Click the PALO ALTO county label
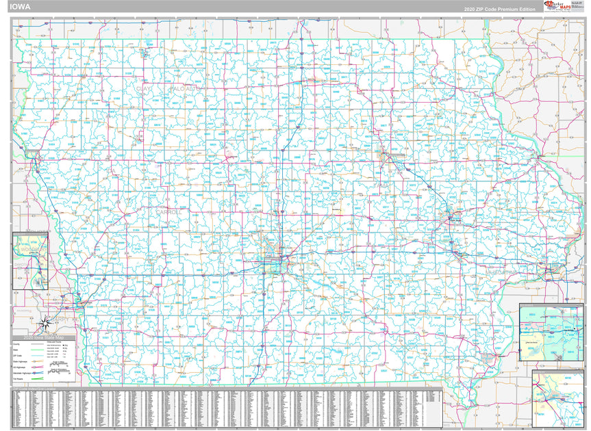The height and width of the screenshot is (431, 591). (184, 89)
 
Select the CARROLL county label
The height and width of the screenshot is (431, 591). (168, 212)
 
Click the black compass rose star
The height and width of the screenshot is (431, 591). (46, 322)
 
